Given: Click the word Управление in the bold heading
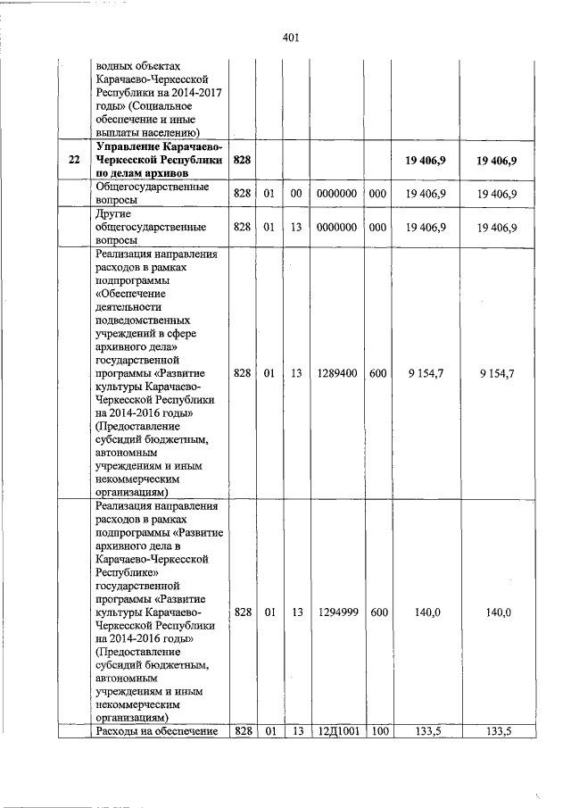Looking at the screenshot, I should [x=125, y=146].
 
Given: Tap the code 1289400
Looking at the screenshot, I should [x=337, y=373].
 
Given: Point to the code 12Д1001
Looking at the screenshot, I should [x=337, y=732].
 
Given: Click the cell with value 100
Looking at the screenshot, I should [x=378, y=732].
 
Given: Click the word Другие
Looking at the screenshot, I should [x=112, y=213].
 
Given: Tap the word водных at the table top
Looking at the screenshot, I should [x=114, y=66].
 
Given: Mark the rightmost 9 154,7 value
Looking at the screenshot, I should [x=497, y=373].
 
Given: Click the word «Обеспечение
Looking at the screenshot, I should [x=130, y=293].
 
